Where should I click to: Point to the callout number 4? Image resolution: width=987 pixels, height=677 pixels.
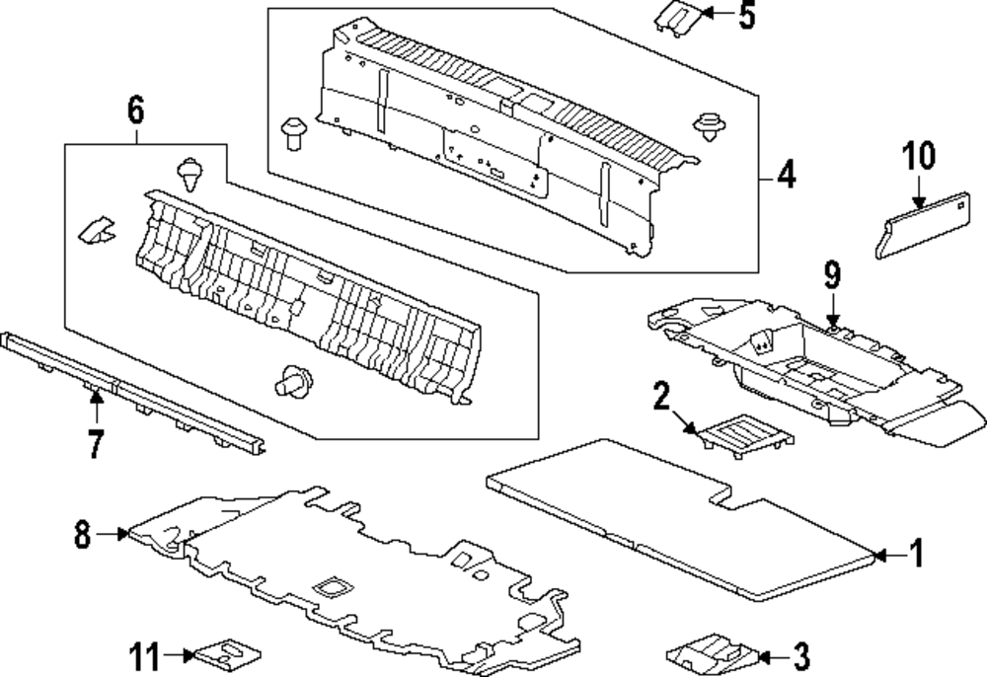pyautogui.click(x=785, y=178)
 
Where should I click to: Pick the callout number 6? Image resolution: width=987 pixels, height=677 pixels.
pyautogui.click(x=135, y=112)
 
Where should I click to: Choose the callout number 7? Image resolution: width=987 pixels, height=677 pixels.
pyautogui.click(x=95, y=443)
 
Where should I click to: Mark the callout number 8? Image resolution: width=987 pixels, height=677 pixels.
pyautogui.click(x=82, y=535)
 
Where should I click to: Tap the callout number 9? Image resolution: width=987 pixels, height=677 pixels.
pyautogui.click(x=832, y=276)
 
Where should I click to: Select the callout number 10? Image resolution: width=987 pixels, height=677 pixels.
pyautogui.click(x=918, y=157)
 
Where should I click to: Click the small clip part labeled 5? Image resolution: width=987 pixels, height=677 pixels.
pyautogui.click(x=677, y=17)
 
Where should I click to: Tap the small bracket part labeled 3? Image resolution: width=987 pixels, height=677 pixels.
pyautogui.click(x=712, y=653)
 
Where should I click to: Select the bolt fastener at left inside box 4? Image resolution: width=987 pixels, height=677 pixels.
pyautogui.click(x=292, y=131)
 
